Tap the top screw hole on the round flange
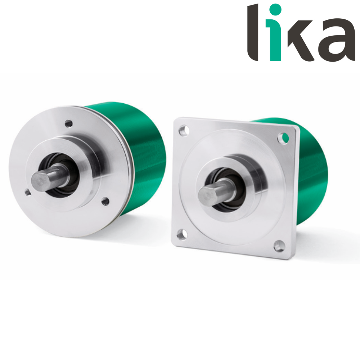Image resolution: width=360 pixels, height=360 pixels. tap(69, 124)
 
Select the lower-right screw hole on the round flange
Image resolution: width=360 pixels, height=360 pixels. tap(105, 201)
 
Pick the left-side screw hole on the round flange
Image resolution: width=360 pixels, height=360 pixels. tap(28, 192)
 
